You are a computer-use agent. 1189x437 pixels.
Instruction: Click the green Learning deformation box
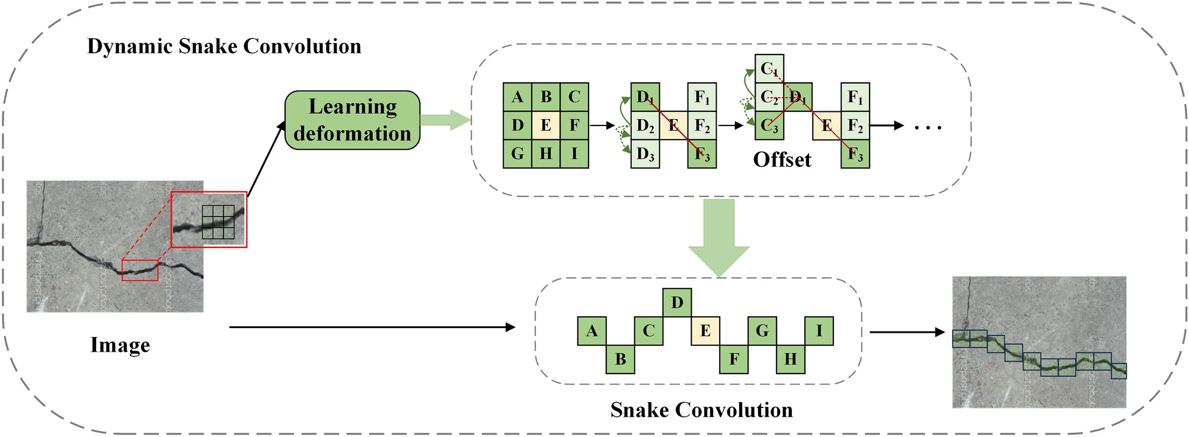[x=352, y=120]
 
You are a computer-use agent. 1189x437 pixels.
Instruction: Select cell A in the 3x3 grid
[x=517, y=97]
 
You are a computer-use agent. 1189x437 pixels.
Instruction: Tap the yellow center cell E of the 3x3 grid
[x=546, y=126]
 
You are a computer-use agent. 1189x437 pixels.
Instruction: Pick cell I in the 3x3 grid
[x=574, y=154]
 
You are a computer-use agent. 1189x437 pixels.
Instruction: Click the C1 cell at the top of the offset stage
[x=769, y=69]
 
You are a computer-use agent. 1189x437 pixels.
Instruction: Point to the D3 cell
[x=645, y=155]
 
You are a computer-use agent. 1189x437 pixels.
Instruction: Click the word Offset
[x=782, y=160]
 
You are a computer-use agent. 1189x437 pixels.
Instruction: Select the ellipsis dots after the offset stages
[x=928, y=127]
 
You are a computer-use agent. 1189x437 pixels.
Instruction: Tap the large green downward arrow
[x=719, y=237]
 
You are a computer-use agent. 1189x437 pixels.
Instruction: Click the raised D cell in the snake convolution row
[x=677, y=303]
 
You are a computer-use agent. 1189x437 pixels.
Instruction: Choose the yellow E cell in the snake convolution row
[x=705, y=331]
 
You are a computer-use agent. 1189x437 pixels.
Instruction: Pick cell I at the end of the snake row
[x=819, y=331]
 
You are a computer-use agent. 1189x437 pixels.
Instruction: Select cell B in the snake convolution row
[x=620, y=359]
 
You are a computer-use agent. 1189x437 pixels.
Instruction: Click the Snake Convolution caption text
[x=701, y=410]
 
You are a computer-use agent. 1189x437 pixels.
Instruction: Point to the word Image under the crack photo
[x=120, y=345]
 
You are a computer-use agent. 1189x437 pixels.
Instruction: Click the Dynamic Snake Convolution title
[x=224, y=46]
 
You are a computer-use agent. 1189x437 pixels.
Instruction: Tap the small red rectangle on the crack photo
[x=140, y=270]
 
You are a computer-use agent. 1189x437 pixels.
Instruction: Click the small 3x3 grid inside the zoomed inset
[x=218, y=222]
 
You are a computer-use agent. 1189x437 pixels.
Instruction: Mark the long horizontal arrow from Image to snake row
[x=372, y=327]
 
